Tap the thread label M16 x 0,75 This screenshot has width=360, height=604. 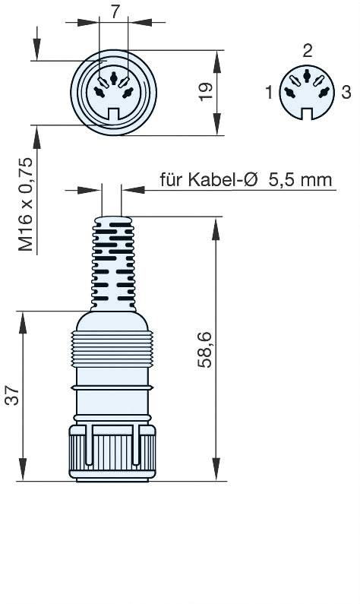pyautogui.click(x=26, y=206)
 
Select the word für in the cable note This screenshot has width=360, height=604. pyautogui.click(x=171, y=180)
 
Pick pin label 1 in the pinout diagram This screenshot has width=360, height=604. pyautogui.click(x=269, y=93)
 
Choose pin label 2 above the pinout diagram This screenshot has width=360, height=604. pyautogui.click(x=307, y=52)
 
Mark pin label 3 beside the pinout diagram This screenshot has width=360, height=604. pyautogui.click(x=346, y=93)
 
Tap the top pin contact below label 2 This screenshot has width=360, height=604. pyautogui.click(x=307, y=76)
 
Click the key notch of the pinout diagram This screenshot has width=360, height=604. pyautogui.click(x=307, y=115)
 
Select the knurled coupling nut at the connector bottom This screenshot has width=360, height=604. pyautogui.click(x=113, y=452)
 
